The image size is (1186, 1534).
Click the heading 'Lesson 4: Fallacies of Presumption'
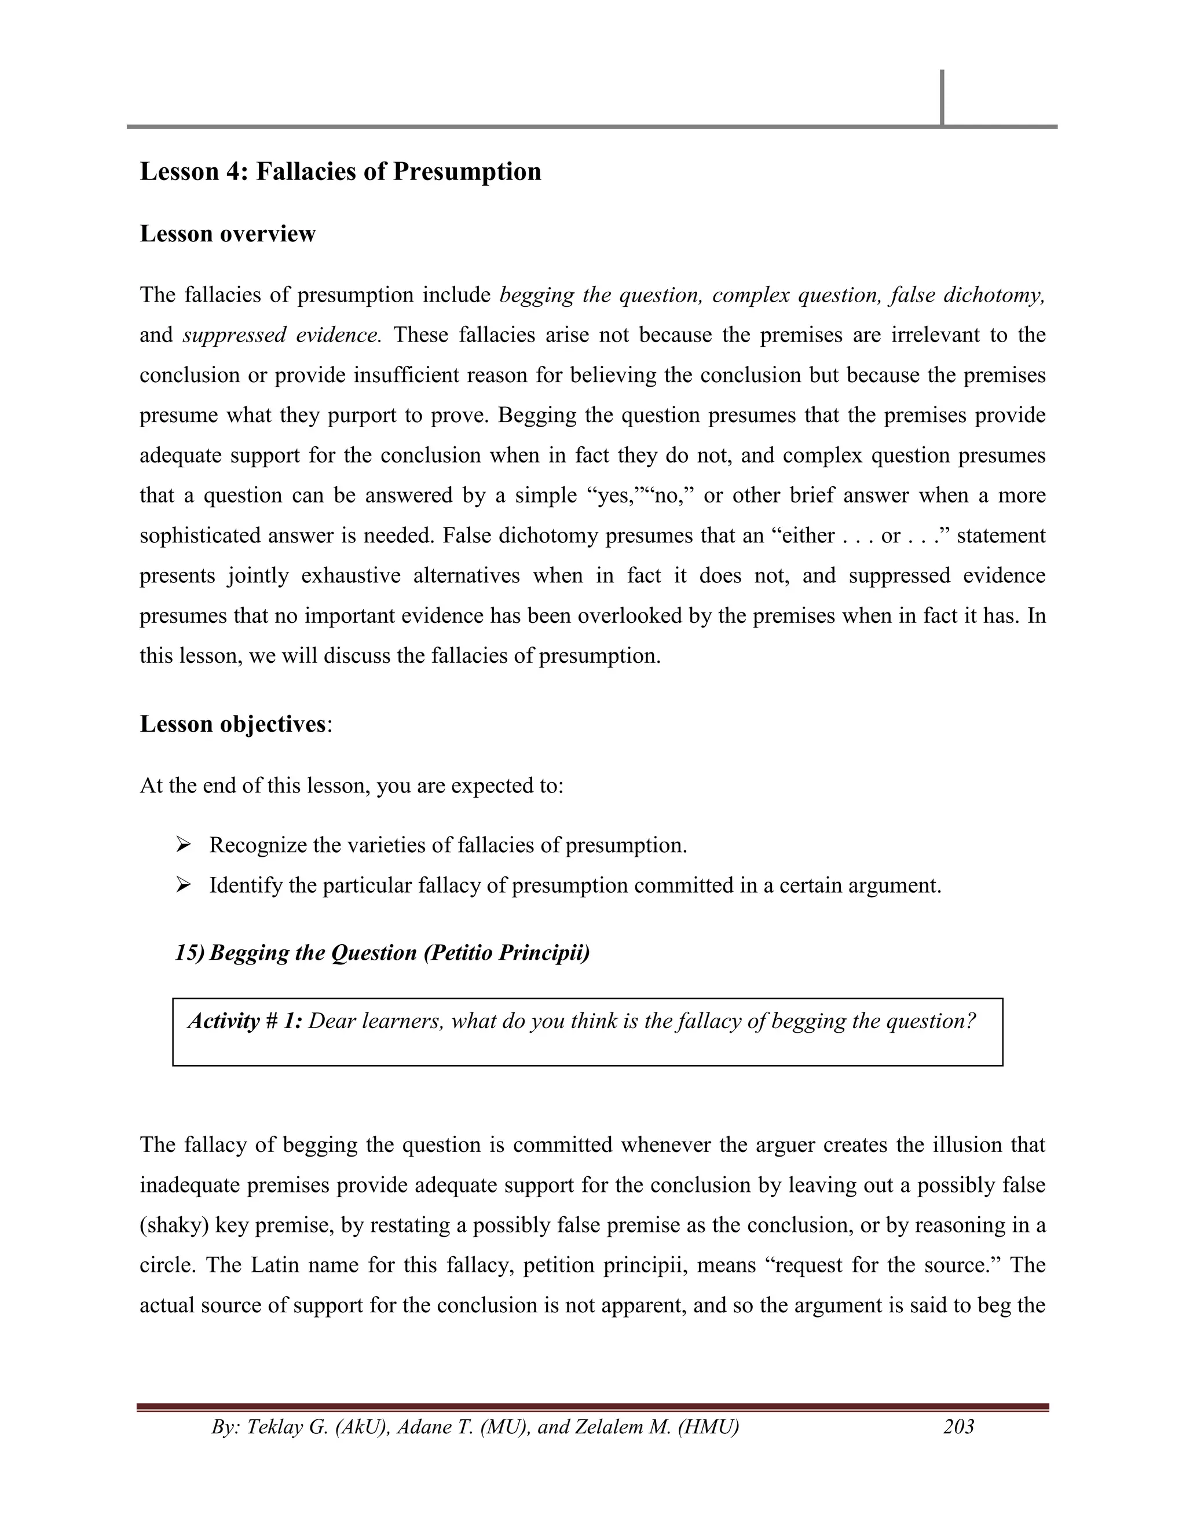[340, 171]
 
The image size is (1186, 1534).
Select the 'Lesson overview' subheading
[228, 233]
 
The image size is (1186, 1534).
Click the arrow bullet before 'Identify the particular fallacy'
[184, 885]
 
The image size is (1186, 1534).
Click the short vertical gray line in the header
[942, 97]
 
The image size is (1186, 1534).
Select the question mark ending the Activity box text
[971, 1021]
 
